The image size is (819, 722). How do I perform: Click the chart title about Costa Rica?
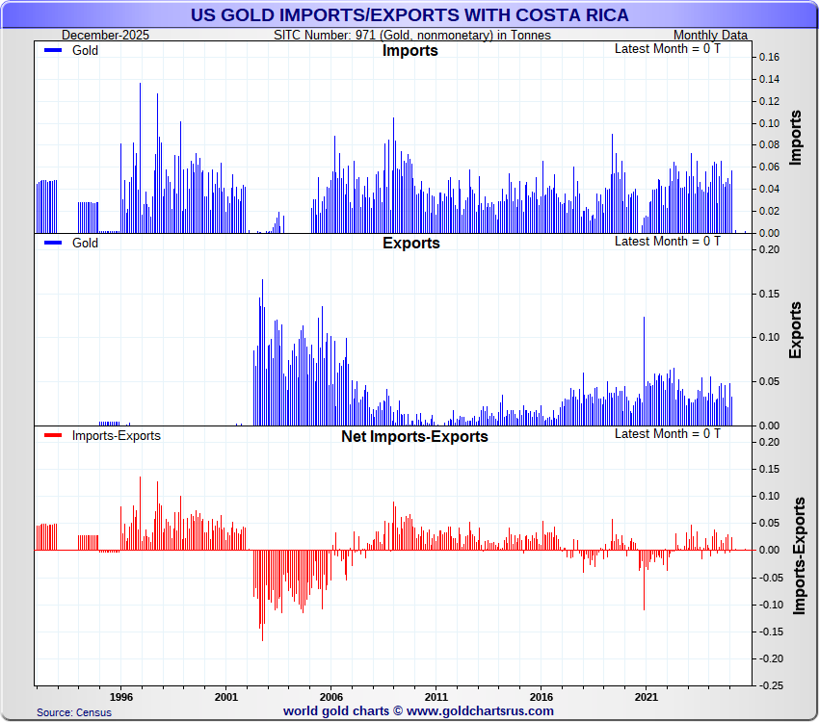(x=409, y=14)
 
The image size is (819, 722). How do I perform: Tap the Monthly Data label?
(x=710, y=35)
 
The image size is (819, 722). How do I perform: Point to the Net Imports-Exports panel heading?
(x=414, y=436)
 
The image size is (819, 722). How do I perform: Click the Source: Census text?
(x=74, y=712)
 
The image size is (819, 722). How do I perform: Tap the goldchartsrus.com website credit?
(x=418, y=711)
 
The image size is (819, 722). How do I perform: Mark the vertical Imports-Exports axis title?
(x=799, y=556)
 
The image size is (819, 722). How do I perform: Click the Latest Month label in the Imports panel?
(x=668, y=48)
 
